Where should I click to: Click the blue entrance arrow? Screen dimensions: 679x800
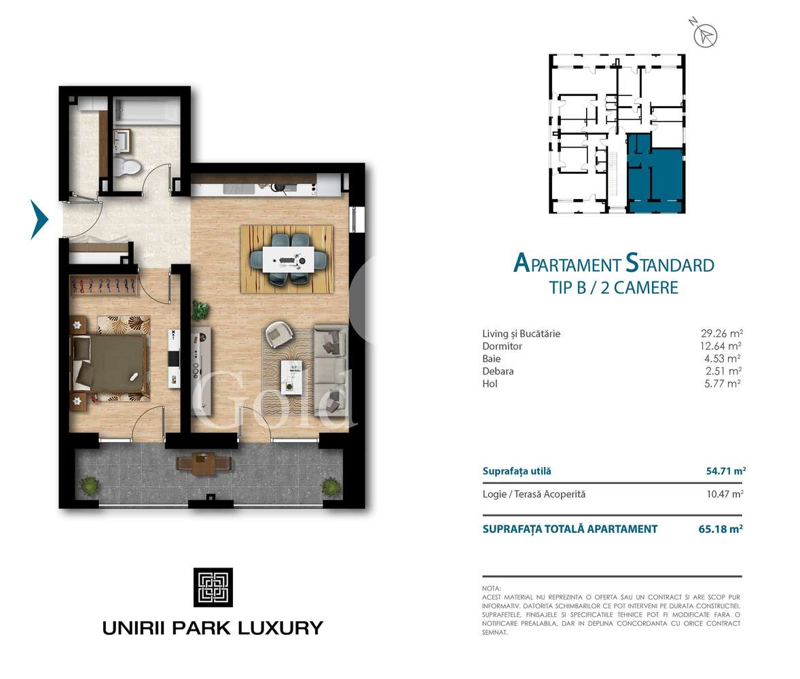[x=40, y=219]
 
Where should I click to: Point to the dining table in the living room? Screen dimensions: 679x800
[x=287, y=258]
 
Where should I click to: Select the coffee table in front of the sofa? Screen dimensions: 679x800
[x=293, y=377]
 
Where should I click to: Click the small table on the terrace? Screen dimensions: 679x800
[x=202, y=464]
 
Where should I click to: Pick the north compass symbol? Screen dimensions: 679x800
[x=708, y=35]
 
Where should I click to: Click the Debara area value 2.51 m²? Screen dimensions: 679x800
[x=723, y=371]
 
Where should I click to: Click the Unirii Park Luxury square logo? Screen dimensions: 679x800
[x=213, y=587]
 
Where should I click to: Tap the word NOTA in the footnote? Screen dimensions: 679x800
[x=491, y=588]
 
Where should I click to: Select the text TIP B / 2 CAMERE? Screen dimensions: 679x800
[x=613, y=288]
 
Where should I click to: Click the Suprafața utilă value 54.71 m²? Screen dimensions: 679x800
[x=722, y=470]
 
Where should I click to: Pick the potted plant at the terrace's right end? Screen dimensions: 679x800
[x=331, y=485]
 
